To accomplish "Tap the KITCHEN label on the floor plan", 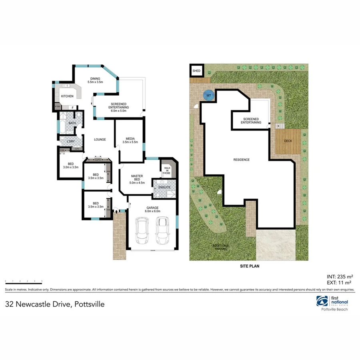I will click(67, 96).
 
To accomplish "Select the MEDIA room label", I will click(129, 140).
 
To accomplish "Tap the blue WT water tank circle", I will click(208, 95).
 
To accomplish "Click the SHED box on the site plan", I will click(196, 71).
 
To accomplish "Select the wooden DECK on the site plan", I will click(288, 141).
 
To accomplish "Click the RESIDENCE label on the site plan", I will click(241, 160).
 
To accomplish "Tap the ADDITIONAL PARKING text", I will click(221, 247).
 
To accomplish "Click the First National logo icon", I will click(322, 301).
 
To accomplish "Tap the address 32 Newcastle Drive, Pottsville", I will click(55, 304).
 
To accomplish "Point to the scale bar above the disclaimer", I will click(23, 282).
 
